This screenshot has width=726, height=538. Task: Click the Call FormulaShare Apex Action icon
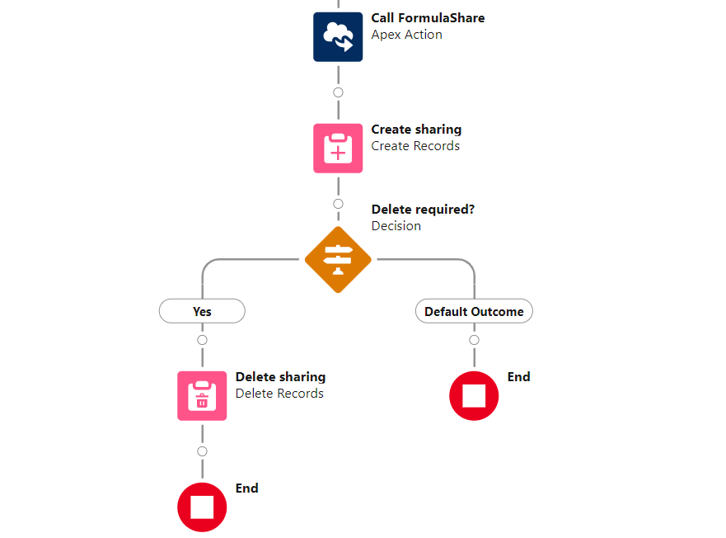coord(338,37)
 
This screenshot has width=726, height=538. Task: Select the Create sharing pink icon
coord(338,149)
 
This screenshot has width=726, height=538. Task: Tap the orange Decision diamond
coord(338,260)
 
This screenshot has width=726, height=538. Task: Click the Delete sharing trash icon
coord(202,396)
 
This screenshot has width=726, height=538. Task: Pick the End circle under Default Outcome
coord(474,396)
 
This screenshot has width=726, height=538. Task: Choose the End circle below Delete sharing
coord(202,507)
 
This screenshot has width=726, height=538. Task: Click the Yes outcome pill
coord(202,311)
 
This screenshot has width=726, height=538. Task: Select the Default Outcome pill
coord(474,311)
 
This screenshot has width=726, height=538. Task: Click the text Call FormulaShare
coord(428,18)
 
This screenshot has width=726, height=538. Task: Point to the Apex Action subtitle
coord(406,35)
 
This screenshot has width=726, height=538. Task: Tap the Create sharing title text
coord(416,130)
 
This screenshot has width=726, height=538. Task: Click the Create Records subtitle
coord(415,146)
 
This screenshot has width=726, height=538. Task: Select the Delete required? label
coord(423,210)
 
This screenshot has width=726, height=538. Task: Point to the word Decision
coord(396,226)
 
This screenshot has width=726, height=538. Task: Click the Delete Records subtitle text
coord(279,394)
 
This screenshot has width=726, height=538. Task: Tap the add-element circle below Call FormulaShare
coord(338,92)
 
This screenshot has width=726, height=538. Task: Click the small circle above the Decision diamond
coord(338,204)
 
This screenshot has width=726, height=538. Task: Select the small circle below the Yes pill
coord(202,340)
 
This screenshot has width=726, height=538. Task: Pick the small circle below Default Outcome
coord(474,340)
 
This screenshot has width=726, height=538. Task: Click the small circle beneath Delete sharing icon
coord(202,451)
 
